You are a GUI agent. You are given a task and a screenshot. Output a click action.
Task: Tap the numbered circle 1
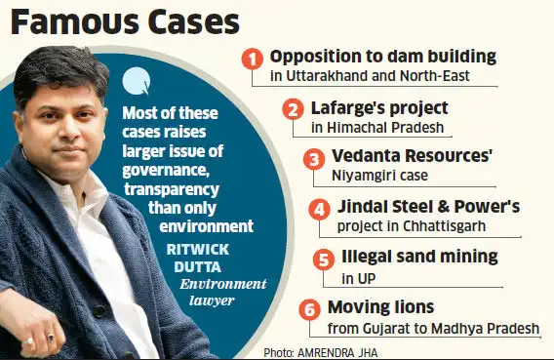click(x=253, y=59)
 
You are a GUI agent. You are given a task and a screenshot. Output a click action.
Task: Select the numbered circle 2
click(x=293, y=108)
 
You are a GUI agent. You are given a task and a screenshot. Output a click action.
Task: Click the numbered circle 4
click(x=319, y=210)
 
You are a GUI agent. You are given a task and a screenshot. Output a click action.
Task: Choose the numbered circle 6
click(x=309, y=310)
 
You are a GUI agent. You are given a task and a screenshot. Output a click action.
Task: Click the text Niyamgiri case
click(x=385, y=177)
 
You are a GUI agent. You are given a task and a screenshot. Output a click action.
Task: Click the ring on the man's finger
click(x=50, y=338)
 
